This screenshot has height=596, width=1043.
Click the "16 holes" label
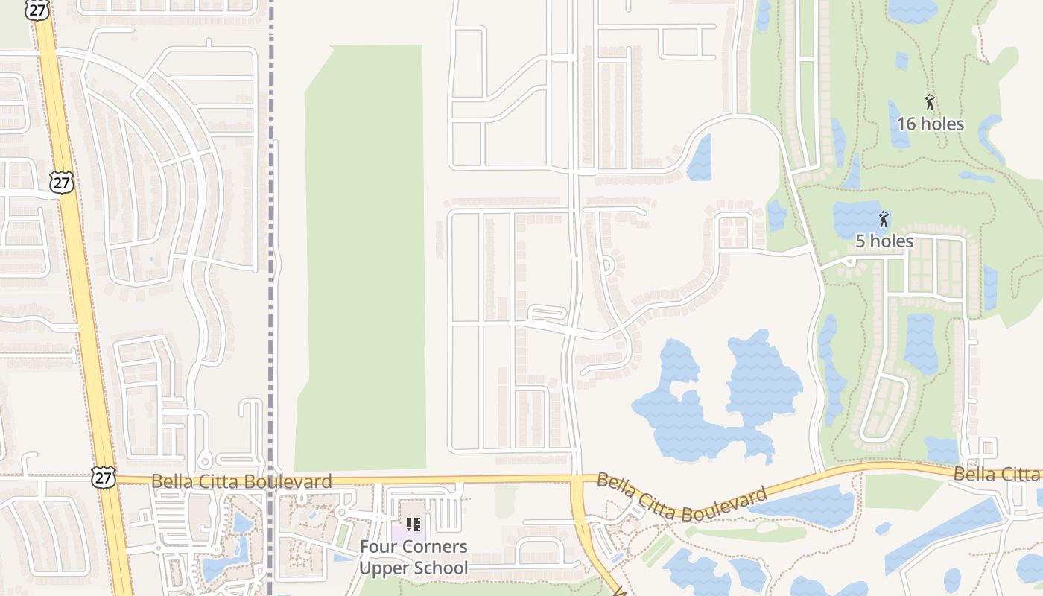click(931, 124)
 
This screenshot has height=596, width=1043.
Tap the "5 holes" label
click(884, 241)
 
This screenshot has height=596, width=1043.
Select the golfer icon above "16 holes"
click(930, 102)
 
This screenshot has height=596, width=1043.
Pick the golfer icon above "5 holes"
click(884, 219)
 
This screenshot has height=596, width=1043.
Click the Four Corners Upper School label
click(413, 557)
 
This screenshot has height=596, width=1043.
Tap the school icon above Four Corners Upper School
click(413, 524)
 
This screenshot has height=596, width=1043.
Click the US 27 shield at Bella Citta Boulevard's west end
click(104, 478)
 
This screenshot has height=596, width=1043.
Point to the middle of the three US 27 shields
click(63, 182)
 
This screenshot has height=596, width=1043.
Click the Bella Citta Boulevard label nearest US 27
click(241, 481)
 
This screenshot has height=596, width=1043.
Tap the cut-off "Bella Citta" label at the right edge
click(997, 474)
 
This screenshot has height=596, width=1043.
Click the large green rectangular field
click(363, 253)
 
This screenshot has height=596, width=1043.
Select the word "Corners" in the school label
click(435, 547)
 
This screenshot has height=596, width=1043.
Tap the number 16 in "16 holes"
click(906, 124)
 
